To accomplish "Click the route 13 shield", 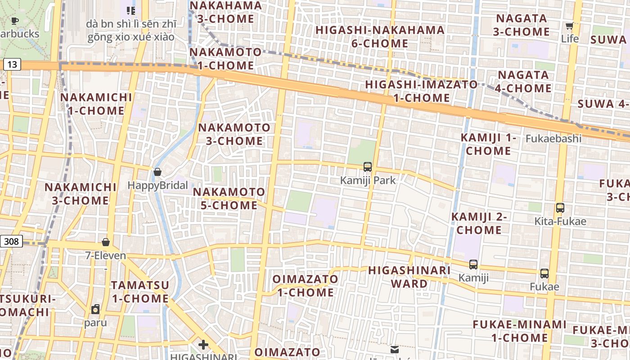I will (12, 64).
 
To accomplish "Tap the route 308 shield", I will (11, 242).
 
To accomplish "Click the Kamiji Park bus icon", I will (368, 167).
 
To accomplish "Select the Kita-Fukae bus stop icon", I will (560, 208).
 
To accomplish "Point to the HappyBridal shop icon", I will (157, 172).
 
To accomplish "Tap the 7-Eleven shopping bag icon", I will (106, 243).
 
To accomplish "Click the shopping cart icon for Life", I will (569, 26).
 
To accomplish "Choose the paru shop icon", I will (95, 309).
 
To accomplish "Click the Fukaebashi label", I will (553, 139).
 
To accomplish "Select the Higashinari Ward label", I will (409, 277).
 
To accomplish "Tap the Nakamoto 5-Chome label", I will (229, 198).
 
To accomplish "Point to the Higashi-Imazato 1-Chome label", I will (421, 91).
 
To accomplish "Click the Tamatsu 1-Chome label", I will (140, 292).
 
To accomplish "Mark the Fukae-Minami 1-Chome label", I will (519, 331).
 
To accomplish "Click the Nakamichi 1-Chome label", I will (96, 104).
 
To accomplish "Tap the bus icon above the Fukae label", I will (544, 273).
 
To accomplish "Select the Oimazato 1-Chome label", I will (305, 285).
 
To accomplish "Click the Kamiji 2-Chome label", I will (479, 223).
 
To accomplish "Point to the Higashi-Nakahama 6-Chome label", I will (380, 37).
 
